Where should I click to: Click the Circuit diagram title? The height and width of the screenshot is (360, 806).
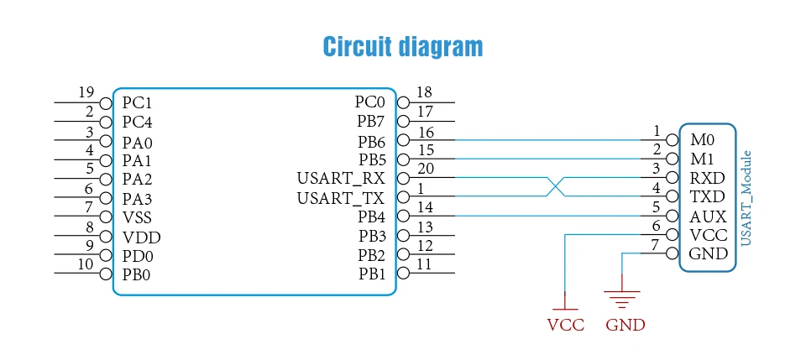(x=402, y=47)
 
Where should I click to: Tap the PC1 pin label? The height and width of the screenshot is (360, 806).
(x=137, y=103)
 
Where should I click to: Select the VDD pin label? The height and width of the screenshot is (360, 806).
(x=141, y=237)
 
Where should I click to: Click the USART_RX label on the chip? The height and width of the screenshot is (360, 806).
(x=340, y=179)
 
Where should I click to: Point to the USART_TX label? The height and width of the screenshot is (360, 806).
(x=340, y=198)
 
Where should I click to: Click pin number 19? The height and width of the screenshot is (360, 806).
(x=86, y=92)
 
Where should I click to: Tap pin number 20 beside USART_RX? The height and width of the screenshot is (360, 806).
(x=426, y=169)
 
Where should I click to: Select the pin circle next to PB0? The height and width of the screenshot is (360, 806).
(x=106, y=274)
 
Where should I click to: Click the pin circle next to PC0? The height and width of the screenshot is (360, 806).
(x=404, y=102)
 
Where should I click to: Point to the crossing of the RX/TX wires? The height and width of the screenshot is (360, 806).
(x=554, y=187)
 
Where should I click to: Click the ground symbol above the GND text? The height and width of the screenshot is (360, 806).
(x=622, y=299)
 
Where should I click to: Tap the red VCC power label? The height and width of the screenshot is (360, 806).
(x=565, y=325)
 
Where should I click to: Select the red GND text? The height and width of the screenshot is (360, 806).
(x=625, y=325)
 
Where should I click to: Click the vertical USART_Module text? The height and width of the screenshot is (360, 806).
(x=746, y=198)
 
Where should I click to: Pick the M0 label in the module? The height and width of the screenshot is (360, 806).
(x=703, y=139)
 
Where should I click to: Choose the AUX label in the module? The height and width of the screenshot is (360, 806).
(x=708, y=217)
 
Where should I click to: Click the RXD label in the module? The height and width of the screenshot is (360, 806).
(x=707, y=178)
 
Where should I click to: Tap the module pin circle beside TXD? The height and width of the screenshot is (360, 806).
(x=672, y=196)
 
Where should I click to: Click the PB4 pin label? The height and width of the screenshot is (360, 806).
(x=371, y=217)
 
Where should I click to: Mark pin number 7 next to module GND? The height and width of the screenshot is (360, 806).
(x=655, y=245)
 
